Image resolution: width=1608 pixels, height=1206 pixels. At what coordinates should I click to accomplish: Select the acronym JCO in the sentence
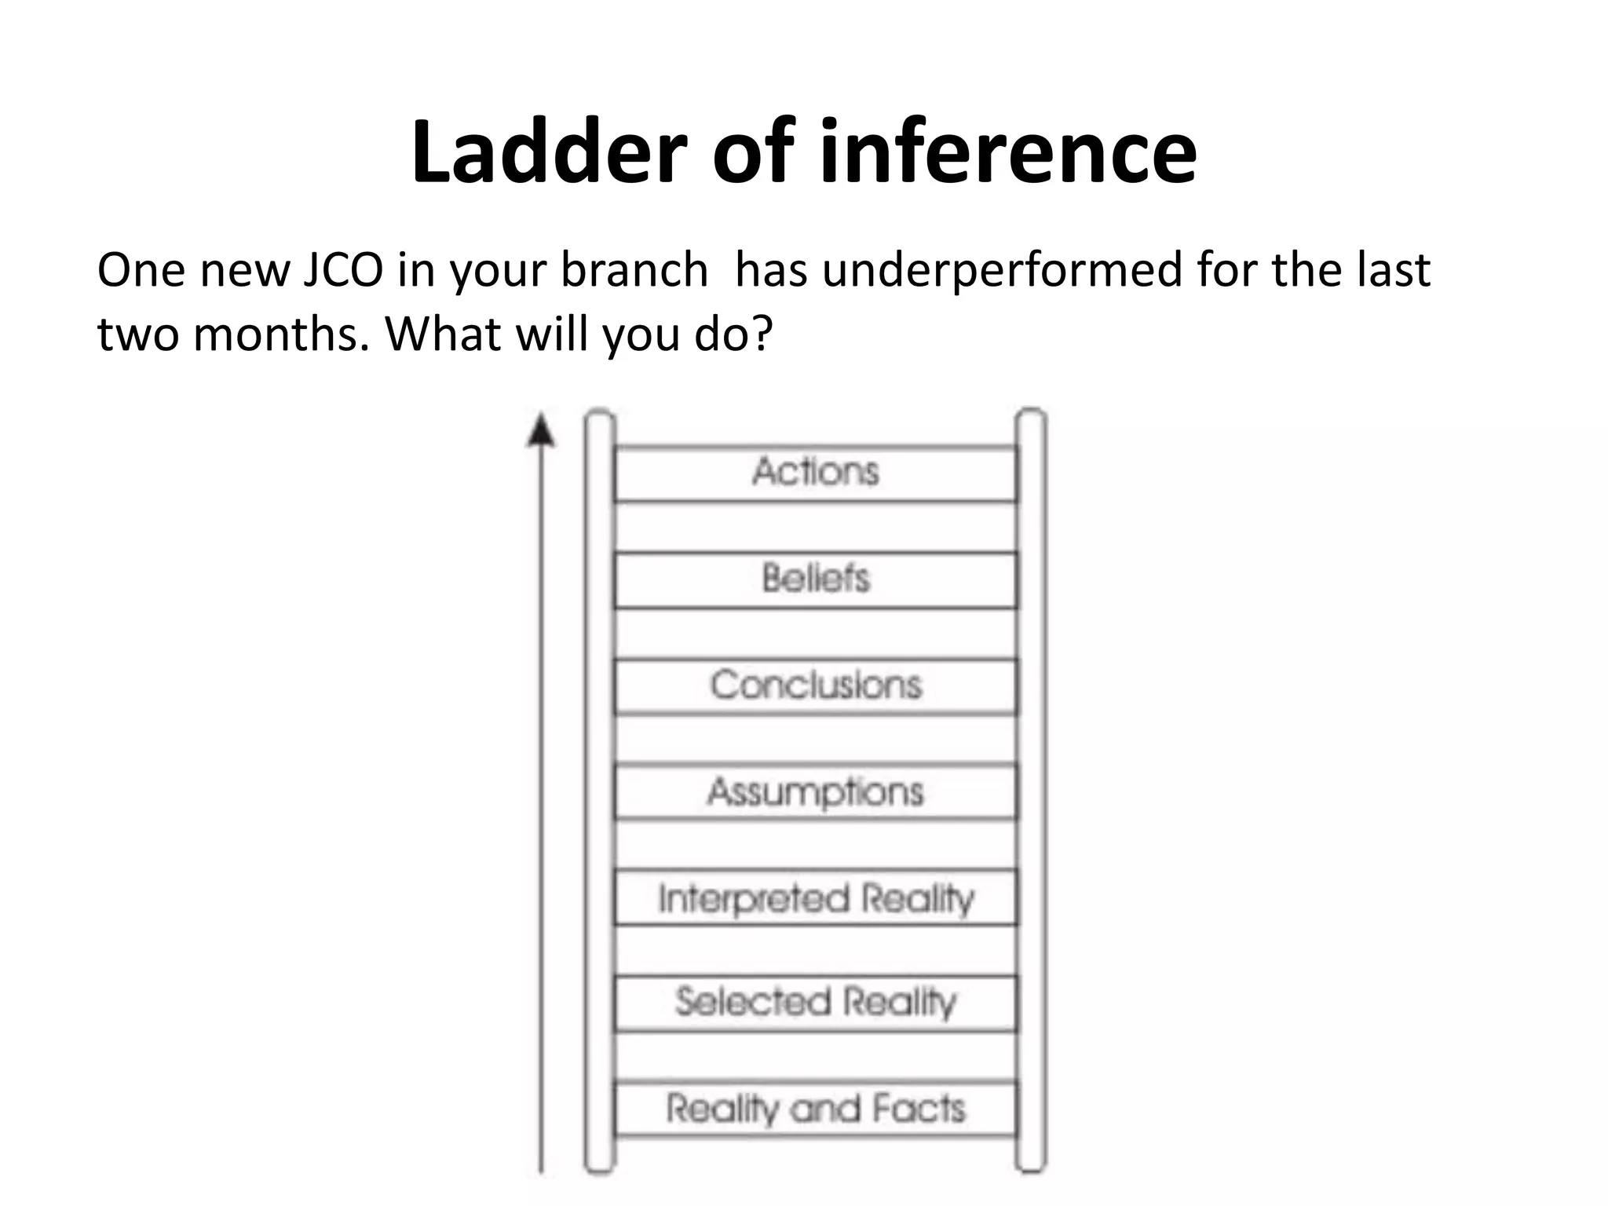pos(342,270)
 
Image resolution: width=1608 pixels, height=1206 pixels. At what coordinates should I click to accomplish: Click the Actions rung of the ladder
pos(815,473)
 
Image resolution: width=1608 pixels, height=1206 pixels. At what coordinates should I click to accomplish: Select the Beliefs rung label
pos(815,579)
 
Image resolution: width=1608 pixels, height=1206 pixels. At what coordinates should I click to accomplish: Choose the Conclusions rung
pos(815,685)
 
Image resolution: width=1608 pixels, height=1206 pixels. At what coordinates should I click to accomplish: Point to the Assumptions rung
pos(815,791)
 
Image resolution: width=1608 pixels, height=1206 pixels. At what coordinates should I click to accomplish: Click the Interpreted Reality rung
pos(815,898)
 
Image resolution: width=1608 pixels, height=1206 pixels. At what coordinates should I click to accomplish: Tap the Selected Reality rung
pos(815,1003)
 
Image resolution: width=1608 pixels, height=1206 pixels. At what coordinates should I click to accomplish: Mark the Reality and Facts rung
pos(815,1109)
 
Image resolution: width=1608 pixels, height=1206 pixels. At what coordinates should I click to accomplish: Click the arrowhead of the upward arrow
pos(540,431)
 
